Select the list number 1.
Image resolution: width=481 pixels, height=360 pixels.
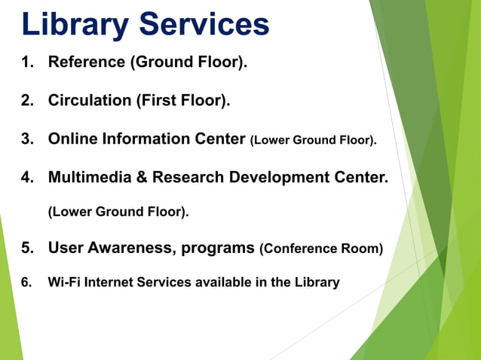[x=28, y=62]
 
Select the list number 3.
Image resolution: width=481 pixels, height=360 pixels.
[x=28, y=139]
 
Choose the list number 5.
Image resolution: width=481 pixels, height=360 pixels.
[x=28, y=248]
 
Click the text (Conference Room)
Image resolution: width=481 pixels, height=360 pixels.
[x=321, y=249]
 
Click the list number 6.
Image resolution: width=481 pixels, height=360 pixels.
[x=26, y=282]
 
